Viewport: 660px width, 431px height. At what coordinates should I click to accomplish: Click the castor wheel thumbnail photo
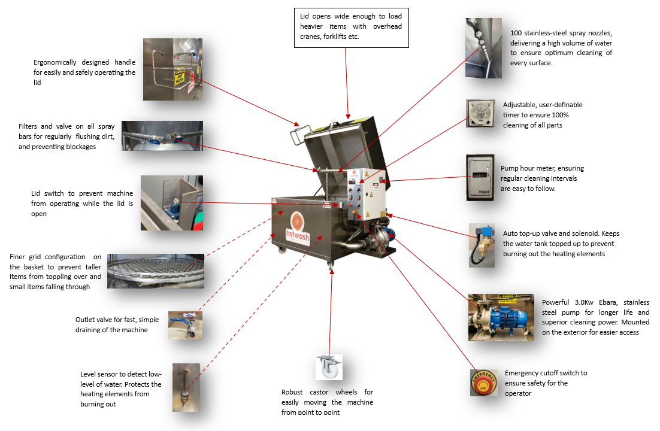pyautogui.click(x=329, y=367)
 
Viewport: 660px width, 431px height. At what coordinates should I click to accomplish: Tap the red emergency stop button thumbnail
pyautogui.click(x=484, y=383)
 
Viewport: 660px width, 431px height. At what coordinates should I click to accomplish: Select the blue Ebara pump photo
pyautogui.click(x=501, y=317)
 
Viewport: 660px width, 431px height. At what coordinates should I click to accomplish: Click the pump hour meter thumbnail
pyautogui.click(x=481, y=177)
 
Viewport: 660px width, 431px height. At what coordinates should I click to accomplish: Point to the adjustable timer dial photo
pyautogui.click(x=480, y=113)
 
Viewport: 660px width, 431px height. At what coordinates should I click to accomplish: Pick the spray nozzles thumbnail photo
pyautogui.click(x=483, y=48)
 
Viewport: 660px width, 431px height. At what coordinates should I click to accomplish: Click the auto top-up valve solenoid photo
pyautogui.click(x=482, y=245)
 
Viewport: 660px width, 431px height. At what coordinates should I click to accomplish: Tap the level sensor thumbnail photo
pyautogui.click(x=181, y=387)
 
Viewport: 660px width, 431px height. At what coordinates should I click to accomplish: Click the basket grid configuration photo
pyautogui.click(x=156, y=271)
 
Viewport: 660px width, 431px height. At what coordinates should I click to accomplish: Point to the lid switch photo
pyautogui.click(x=171, y=202)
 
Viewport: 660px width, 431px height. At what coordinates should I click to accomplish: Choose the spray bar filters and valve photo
pyautogui.click(x=162, y=136)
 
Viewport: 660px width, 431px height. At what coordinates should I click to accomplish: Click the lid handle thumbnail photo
pyautogui.click(x=172, y=69)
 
